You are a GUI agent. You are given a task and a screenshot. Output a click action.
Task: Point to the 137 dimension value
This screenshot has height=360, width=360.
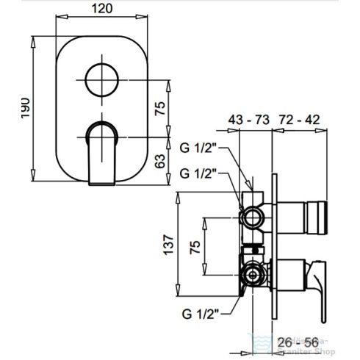[x=168, y=242]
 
